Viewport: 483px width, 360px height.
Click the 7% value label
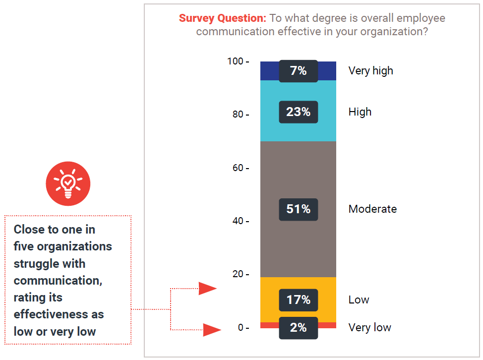[298, 71]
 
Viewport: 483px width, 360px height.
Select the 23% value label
[298, 112]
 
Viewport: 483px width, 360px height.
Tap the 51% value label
[298, 209]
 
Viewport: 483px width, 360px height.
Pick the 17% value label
[298, 300]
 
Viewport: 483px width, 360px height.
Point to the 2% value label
[298, 328]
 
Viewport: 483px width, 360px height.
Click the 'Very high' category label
[370, 71]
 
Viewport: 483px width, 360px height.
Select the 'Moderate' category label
[372, 209]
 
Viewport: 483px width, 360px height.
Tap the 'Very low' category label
[369, 328]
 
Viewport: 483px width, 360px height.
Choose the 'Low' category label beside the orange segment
[359, 300]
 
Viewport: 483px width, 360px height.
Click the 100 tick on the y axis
[236, 61]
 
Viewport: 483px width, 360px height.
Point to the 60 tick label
[239, 168]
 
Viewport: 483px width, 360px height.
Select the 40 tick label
[239, 221]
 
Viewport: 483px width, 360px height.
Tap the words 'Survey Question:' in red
[223, 19]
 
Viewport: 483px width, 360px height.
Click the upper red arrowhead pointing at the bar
[208, 288]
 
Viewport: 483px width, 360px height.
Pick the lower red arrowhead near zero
[211, 329]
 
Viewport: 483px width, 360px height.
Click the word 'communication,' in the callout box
[58, 281]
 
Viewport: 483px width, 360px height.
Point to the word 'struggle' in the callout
[36, 264]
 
